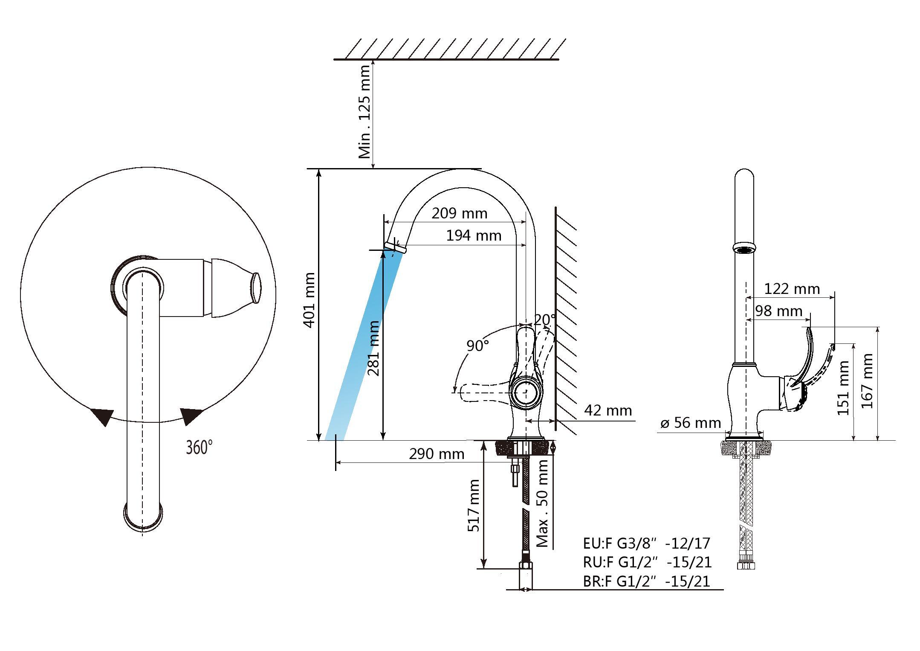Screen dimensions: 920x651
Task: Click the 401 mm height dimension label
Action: [310, 300]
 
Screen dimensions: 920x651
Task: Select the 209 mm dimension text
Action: [459, 213]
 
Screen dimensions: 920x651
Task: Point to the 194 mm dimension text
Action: [474, 235]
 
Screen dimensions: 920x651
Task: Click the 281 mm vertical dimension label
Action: [373, 348]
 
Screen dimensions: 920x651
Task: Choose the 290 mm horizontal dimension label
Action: [437, 454]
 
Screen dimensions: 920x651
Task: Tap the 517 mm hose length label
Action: [474, 506]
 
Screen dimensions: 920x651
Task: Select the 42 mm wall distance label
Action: [608, 410]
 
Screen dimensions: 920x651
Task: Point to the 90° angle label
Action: [477, 346]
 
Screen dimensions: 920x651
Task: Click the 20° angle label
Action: [545, 320]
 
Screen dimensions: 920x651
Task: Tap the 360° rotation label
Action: [199, 448]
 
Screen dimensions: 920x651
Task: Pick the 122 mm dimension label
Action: [792, 289]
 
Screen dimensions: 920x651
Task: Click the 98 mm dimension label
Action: [779, 311]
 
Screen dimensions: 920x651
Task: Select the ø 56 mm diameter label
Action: [691, 423]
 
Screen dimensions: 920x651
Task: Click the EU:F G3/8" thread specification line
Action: [647, 543]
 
